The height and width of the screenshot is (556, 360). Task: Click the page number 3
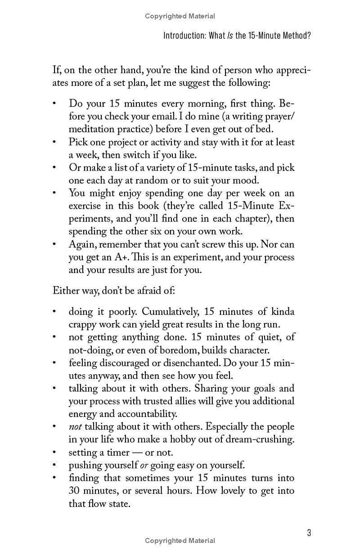(x=309, y=533)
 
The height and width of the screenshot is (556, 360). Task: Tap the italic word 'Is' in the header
(x=230, y=36)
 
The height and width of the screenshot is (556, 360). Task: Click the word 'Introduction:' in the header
(x=184, y=36)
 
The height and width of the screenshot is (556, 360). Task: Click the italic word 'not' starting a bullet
(x=75, y=426)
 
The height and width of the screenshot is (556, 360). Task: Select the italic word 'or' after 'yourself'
(x=144, y=465)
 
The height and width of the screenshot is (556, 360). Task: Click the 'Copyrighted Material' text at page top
(x=180, y=16)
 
